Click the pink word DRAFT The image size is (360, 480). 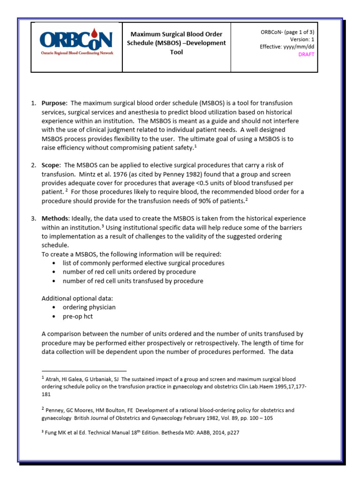click(307, 54)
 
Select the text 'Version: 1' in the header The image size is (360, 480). click(300, 39)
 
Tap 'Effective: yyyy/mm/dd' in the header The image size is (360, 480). click(287, 47)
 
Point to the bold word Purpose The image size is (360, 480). click(54, 103)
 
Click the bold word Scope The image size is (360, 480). click(51, 165)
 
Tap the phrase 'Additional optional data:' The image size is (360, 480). click(77, 298)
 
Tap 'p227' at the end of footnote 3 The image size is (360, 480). click(232, 433)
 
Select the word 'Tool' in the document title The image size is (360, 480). click(176, 52)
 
